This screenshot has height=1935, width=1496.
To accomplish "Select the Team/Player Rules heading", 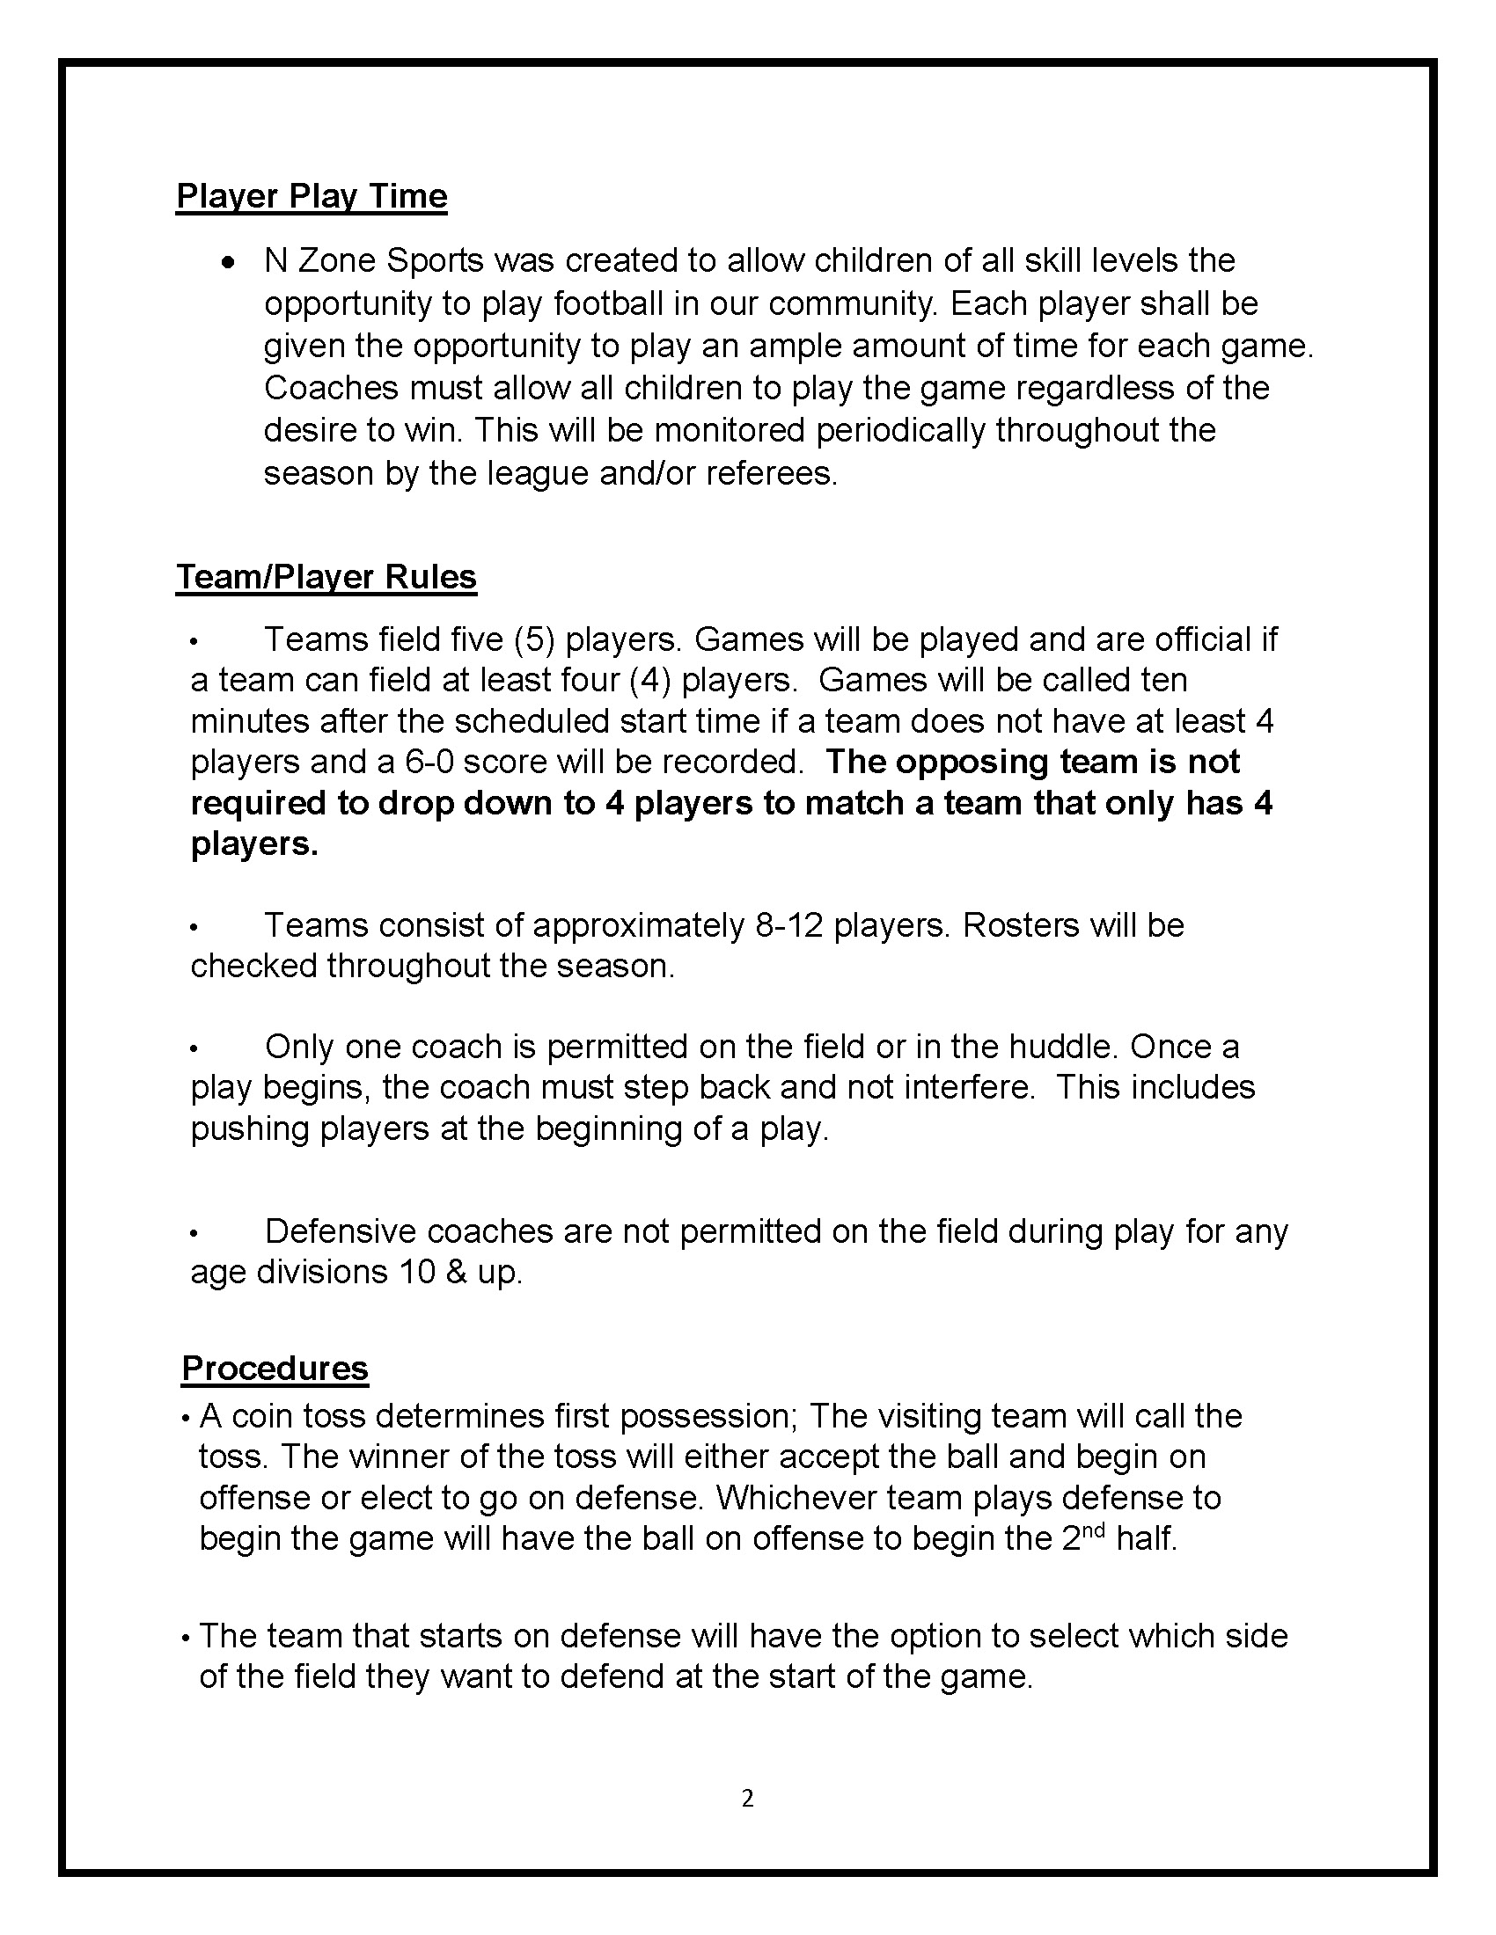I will [x=326, y=577].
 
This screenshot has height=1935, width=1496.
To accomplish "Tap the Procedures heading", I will [x=275, y=1368].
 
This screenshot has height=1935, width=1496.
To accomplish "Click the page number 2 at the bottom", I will [x=747, y=1798].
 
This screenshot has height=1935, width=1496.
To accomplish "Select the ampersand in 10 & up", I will [x=458, y=1273].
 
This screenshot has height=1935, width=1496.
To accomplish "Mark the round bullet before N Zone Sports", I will [x=229, y=262].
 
